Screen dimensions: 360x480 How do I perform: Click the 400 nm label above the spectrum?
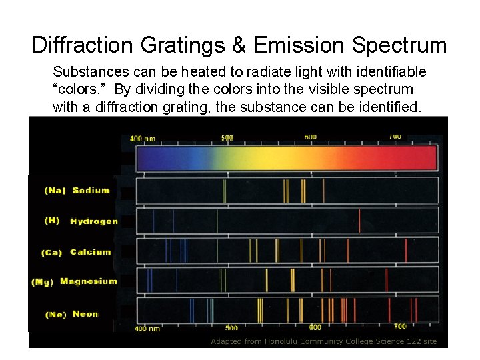[143, 139]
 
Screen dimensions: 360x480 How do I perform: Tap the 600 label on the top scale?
[311, 137]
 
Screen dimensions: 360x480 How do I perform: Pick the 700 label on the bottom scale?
[400, 327]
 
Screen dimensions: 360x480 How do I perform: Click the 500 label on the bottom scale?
[231, 327]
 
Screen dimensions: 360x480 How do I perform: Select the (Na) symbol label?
[55, 191]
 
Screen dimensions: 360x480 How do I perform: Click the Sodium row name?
[91, 191]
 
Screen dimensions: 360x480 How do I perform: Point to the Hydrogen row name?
[94, 221]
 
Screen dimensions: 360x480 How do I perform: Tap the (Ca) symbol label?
[51, 253]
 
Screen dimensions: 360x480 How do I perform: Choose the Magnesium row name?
[89, 281]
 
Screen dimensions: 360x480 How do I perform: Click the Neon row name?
[85, 314]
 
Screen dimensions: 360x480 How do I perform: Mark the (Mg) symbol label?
[42, 282]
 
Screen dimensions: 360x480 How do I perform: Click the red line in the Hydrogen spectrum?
[359, 221]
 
